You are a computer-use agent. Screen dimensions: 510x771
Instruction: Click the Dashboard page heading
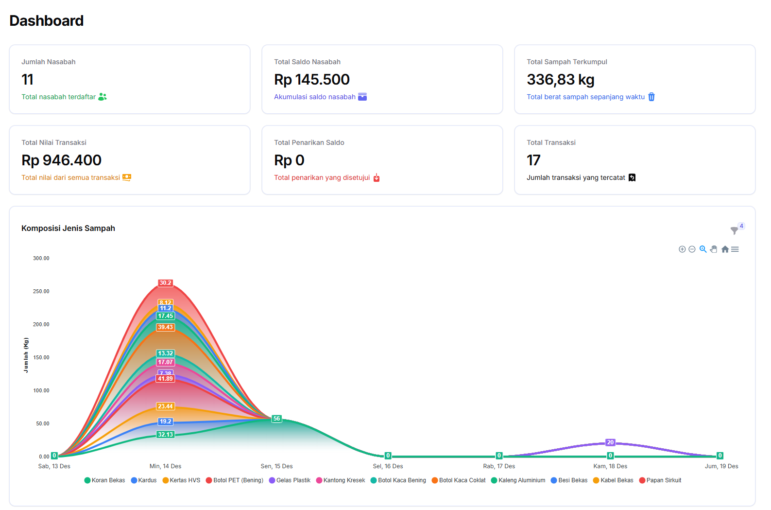47,21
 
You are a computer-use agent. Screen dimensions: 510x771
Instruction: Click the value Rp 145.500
311,79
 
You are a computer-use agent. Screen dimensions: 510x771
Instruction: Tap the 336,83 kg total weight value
560,79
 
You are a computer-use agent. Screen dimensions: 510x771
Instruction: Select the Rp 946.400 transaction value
61,160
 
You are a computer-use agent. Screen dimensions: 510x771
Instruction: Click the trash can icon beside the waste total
651,97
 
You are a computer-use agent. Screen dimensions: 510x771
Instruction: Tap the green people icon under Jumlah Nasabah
102,97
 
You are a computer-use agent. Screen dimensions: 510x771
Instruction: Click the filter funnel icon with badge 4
735,230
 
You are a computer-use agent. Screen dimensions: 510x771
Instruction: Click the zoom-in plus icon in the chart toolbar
682,249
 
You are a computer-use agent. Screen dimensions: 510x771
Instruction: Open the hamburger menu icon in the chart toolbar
735,249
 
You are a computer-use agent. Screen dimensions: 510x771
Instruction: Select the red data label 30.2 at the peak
165,283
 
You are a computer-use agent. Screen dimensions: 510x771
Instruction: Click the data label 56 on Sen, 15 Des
276,419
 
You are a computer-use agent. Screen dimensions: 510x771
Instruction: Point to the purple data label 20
610,442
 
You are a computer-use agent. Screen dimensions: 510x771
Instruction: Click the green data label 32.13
165,435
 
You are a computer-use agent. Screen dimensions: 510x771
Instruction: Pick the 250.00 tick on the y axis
41,291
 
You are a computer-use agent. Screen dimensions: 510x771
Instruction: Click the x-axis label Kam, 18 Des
610,466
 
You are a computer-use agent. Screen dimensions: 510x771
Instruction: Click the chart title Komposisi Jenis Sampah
68,228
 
